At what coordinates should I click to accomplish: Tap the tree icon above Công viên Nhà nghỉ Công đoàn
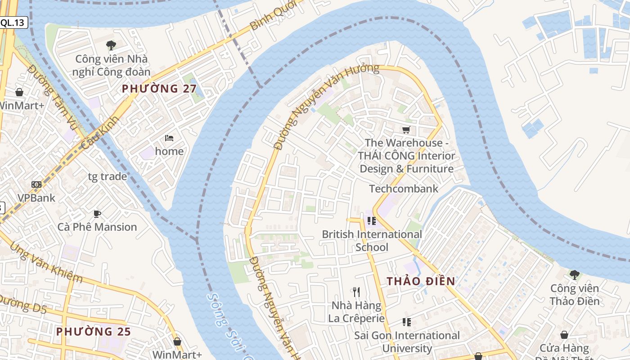pyautogui.click(x=111, y=45)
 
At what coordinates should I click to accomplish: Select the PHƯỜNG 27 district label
pyautogui.click(x=156, y=89)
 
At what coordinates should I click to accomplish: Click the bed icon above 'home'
pyautogui.click(x=169, y=138)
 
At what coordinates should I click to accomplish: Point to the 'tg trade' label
pyautogui.click(x=107, y=176)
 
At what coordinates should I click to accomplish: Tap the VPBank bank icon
pyautogui.click(x=36, y=184)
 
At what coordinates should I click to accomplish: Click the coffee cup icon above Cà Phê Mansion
pyautogui.click(x=97, y=214)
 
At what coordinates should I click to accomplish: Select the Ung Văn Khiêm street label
pyautogui.click(x=45, y=263)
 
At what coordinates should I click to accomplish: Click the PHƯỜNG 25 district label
pyautogui.click(x=93, y=332)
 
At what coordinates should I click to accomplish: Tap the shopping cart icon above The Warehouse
pyautogui.click(x=406, y=130)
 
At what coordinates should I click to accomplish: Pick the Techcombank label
pyautogui.click(x=404, y=189)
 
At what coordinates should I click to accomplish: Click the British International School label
pyautogui.click(x=372, y=241)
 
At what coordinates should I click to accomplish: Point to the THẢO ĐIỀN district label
pyautogui.click(x=421, y=281)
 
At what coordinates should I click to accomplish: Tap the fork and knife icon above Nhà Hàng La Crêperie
pyautogui.click(x=356, y=292)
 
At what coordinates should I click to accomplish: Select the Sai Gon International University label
pyautogui.click(x=407, y=342)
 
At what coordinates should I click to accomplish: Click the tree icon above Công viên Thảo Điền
pyautogui.click(x=574, y=274)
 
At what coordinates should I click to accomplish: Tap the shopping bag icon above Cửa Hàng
pyautogui.click(x=564, y=335)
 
